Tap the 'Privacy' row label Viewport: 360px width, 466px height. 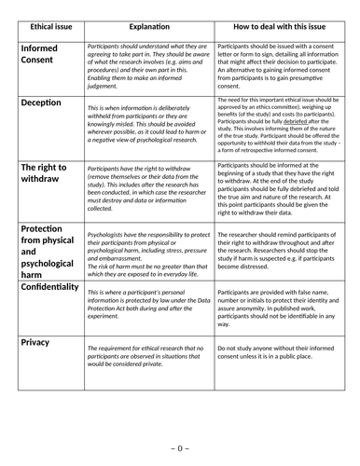35,343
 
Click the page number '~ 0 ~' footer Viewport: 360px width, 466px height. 180,448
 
